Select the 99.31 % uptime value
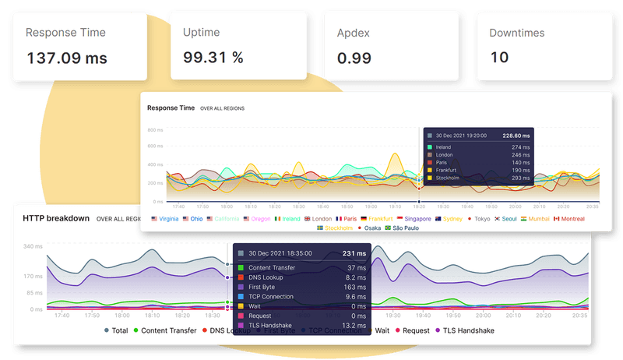(213, 58)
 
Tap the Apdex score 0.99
(354, 58)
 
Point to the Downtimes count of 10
(499, 58)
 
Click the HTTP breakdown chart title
(56, 218)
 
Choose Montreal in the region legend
(570, 219)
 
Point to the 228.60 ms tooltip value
(516, 135)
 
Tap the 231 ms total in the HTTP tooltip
(354, 253)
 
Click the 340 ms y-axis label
(33, 246)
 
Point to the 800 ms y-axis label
(156, 130)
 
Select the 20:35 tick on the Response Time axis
(591, 206)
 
